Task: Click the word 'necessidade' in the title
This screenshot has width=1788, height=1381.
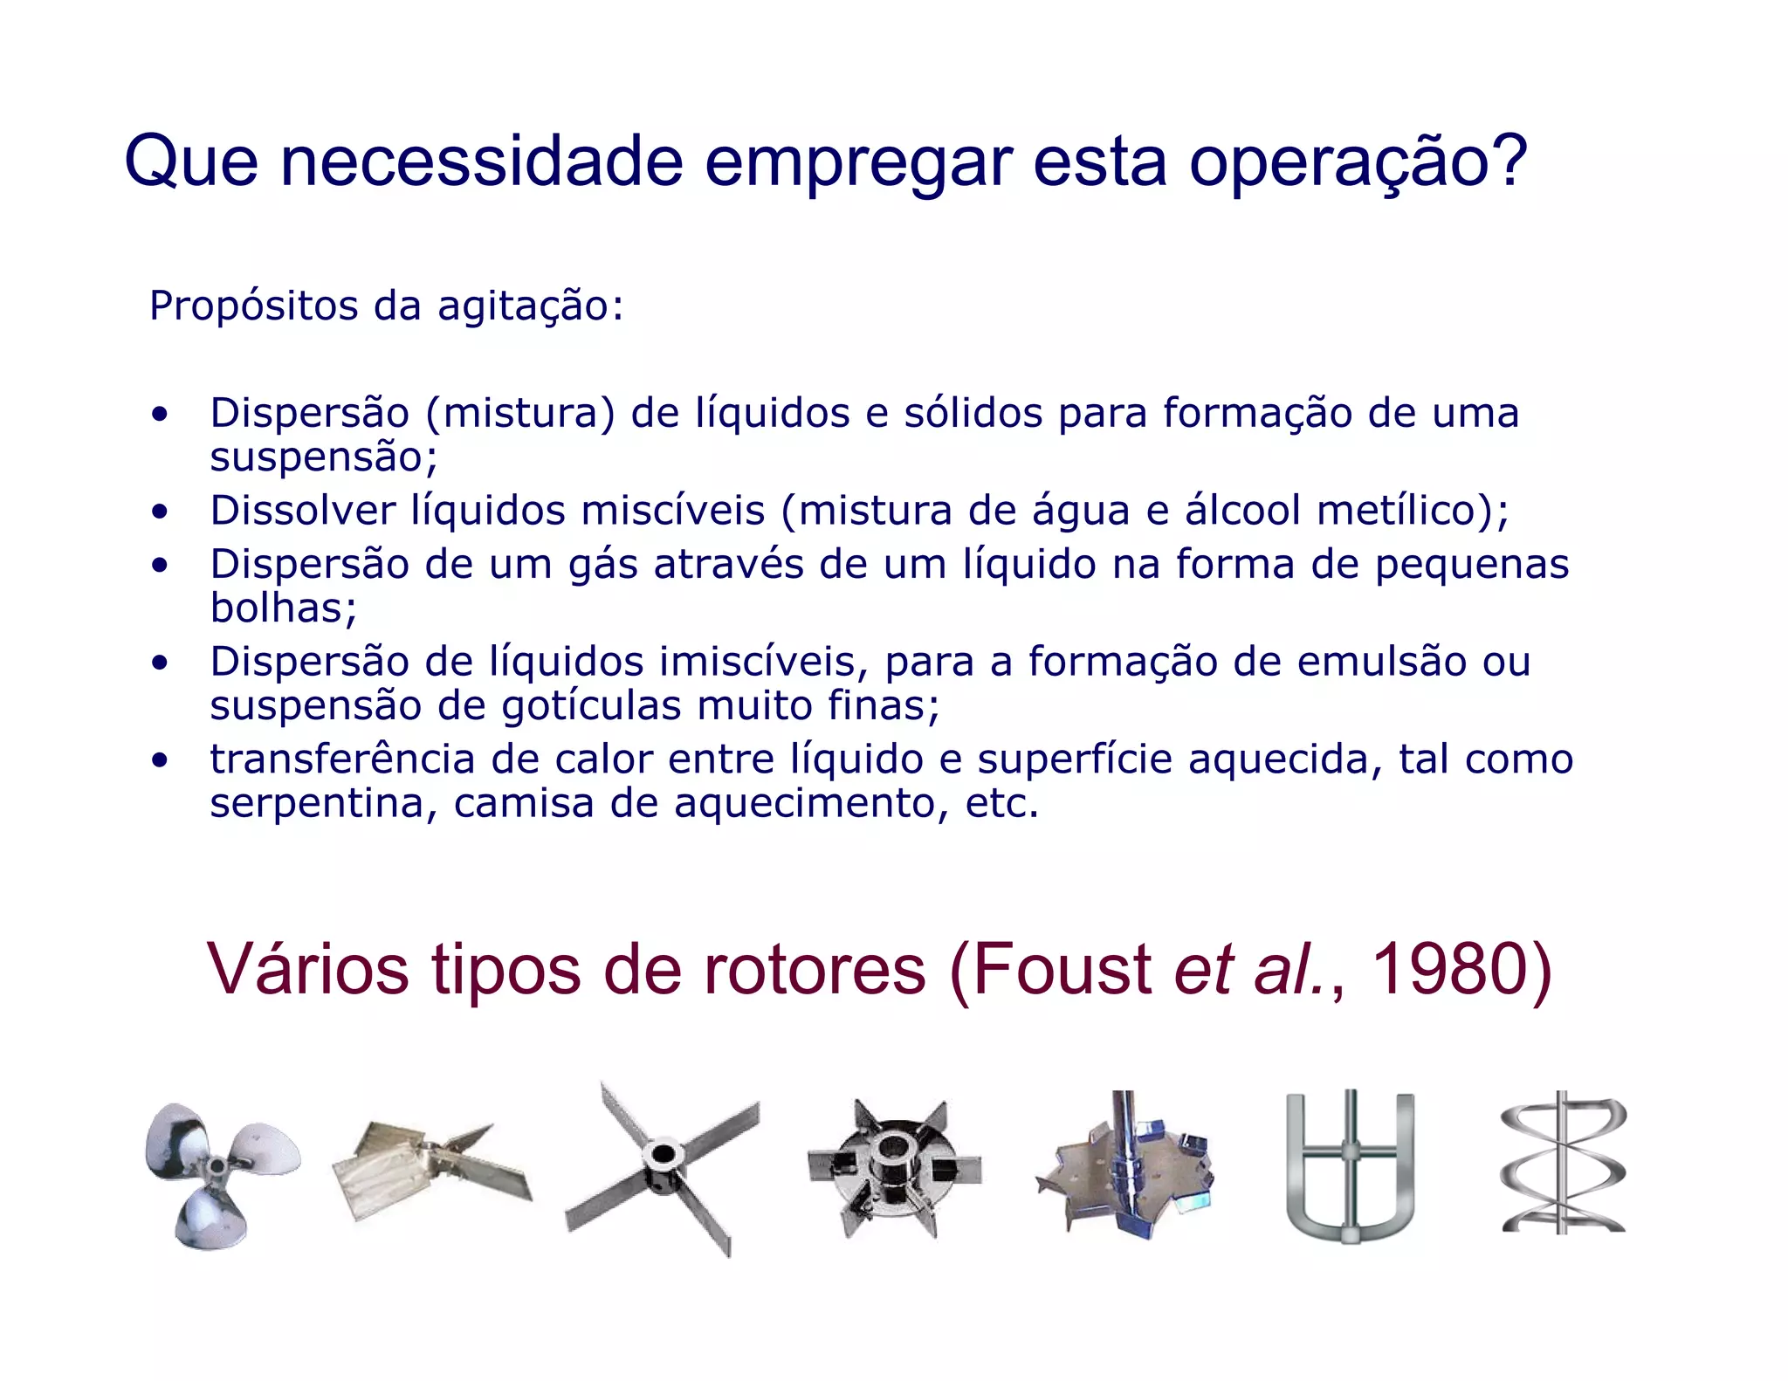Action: pyautogui.click(x=481, y=161)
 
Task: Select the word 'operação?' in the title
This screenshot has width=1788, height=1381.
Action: pyautogui.click(x=1358, y=161)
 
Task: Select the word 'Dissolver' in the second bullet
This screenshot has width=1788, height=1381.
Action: pyautogui.click(x=303, y=510)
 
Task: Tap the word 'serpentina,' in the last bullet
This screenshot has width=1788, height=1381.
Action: pyautogui.click(x=324, y=803)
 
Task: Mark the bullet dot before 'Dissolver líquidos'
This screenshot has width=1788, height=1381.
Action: pyautogui.click(x=159, y=512)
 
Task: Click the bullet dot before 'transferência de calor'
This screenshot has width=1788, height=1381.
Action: pyautogui.click(x=159, y=761)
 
